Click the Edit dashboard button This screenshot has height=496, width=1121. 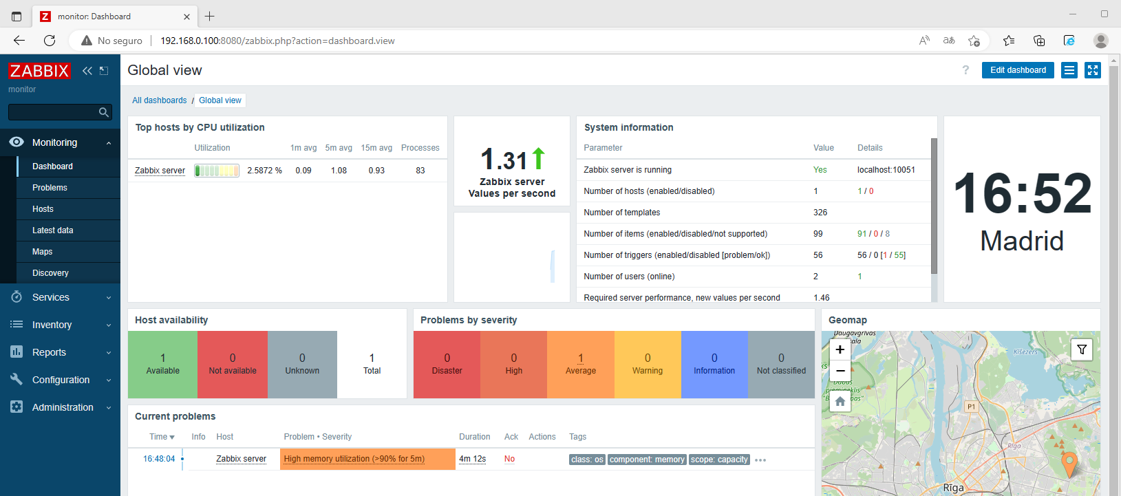[1017, 70]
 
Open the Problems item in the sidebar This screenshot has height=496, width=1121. [50, 188]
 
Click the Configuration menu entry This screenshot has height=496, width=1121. [61, 380]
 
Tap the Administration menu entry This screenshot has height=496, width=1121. [63, 407]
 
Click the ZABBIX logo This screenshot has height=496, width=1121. [39, 71]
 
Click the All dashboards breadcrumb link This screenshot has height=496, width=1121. [159, 100]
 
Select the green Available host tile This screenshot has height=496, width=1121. [162, 365]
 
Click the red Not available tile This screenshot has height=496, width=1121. [233, 365]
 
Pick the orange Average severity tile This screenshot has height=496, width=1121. [580, 365]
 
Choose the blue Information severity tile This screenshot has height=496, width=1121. [714, 365]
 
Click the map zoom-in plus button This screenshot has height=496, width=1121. [840, 349]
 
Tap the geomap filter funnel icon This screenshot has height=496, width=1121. [1081, 349]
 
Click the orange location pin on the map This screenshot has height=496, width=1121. [1069, 463]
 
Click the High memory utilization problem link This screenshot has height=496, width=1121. [354, 459]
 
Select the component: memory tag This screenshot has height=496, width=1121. [647, 460]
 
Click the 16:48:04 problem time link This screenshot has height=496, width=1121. [159, 459]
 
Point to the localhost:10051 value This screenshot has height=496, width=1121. [886, 170]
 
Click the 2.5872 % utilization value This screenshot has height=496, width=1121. [264, 171]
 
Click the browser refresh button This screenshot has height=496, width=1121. [50, 41]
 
